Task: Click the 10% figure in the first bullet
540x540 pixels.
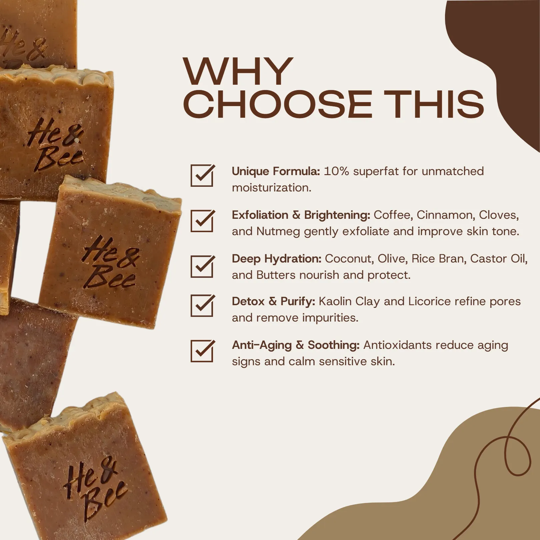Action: pyautogui.click(x=336, y=171)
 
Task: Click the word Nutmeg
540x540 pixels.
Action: pyautogui.click(x=278, y=231)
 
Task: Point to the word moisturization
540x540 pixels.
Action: pyautogui.click(x=272, y=188)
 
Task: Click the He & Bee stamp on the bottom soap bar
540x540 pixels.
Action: pyautogui.click(x=94, y=487)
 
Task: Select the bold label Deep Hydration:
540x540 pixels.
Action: pyautogui.click(x=277, y=259)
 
